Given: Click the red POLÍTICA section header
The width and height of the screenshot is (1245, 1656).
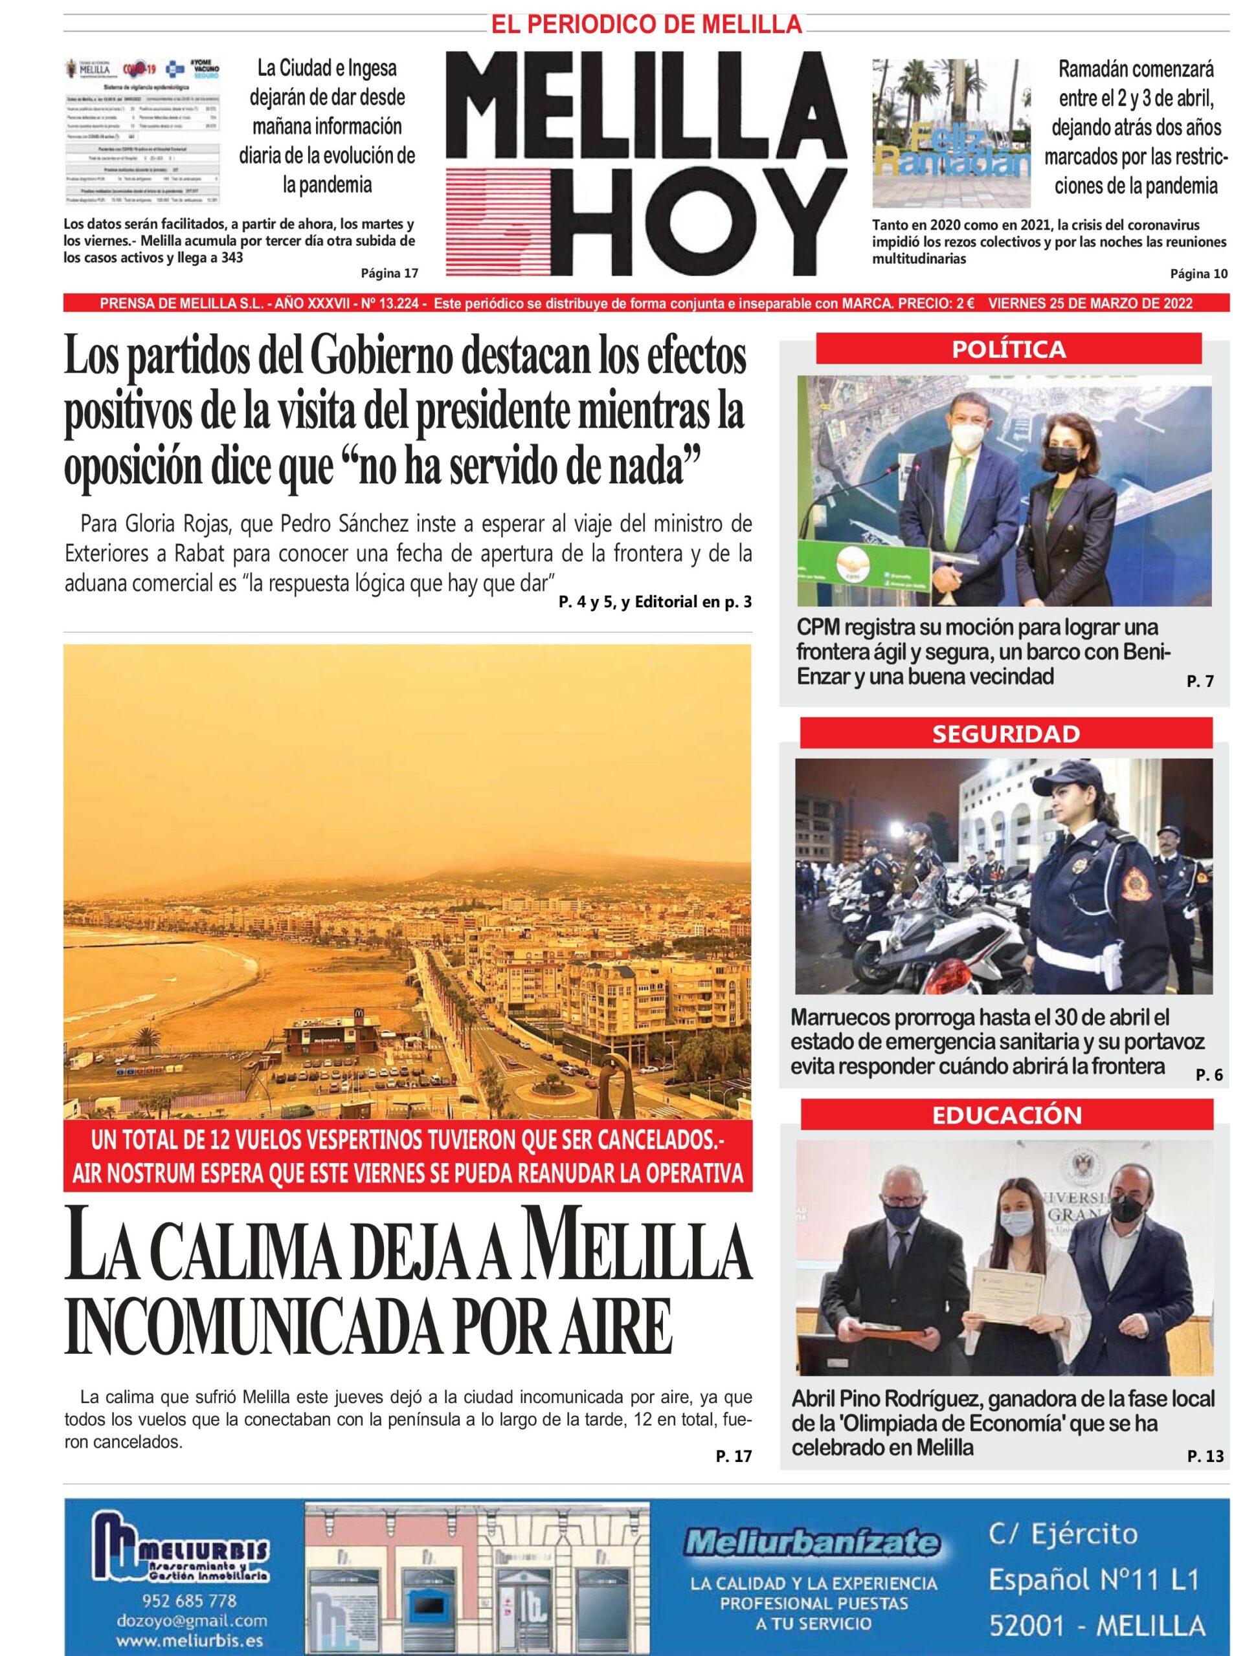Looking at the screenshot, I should pos(1008,349).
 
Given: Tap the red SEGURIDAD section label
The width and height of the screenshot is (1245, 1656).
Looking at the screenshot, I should pos(1006,733).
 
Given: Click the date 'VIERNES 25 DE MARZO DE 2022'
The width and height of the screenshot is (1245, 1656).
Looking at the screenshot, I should pos(1090,303).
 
